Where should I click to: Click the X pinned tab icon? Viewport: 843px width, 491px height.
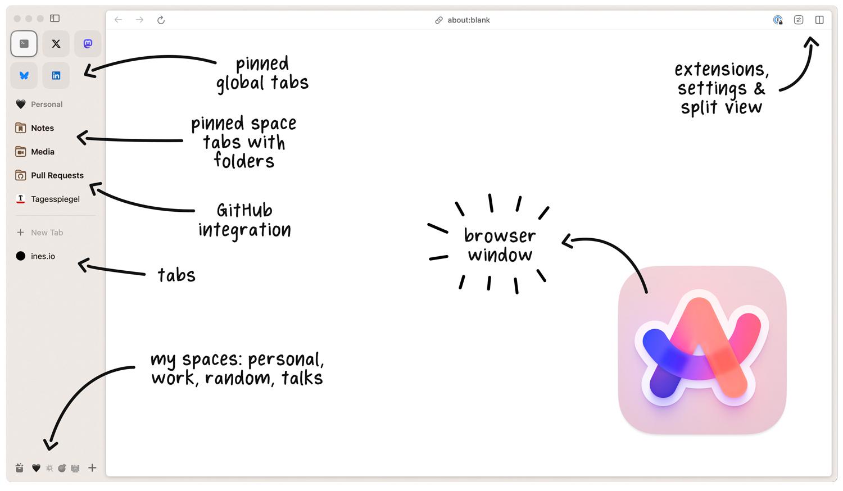[x=56, y=44]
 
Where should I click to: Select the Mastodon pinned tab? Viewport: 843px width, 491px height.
[x=88, y=44]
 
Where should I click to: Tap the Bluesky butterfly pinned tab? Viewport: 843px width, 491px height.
[x=24, y=76]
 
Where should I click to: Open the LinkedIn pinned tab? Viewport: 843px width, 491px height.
[x=56, y=76]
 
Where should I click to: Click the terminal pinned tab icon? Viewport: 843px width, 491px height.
[x=24, y=44]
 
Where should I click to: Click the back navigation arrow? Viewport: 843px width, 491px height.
[x=119, y=20]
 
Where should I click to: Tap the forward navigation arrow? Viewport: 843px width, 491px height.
[x=139, y=20]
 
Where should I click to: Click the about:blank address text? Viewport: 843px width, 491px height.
[x=469, y=20]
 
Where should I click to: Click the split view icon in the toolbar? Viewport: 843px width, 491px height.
[x=819, y=20]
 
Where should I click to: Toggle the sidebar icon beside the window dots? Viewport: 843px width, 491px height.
[x=55, y=18]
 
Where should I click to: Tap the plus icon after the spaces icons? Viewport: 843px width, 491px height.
[x=92, y=467]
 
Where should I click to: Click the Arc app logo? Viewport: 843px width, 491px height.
[x=703, y=350]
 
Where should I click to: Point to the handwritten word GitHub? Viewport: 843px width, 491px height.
[x=244, y=210]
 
